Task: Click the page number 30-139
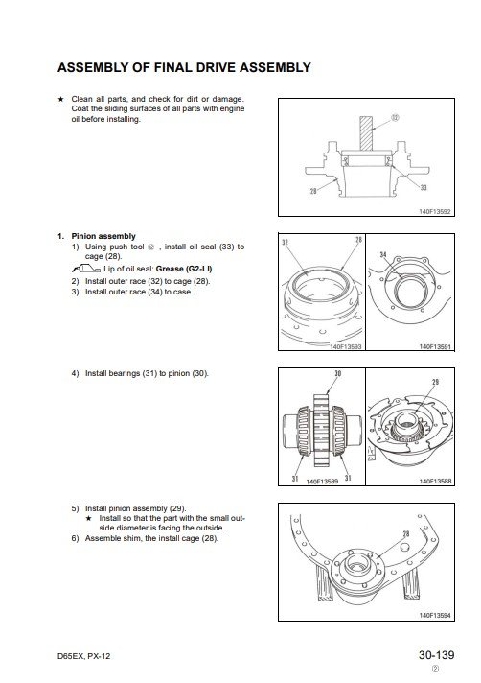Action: (x=436, y=654)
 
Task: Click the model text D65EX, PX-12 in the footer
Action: (x=84, y=656)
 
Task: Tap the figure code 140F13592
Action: (x=434, y=212)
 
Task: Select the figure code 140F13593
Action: (x=346, y=346)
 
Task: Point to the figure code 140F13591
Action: (x=435, y=346)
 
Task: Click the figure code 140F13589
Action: (x=322, y=482)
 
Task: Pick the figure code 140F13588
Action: (x=435, y=482)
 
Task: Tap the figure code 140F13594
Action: (x=435, y=616)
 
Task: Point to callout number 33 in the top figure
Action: (x=424, y=187)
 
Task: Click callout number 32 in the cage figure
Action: (x=285, y=243)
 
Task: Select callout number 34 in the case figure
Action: (x=382, y=254)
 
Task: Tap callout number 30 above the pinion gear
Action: (x=338, y=373)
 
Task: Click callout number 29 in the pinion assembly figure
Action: (x=435, y=382)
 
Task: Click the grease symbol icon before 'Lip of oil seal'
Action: (x=86, y=269)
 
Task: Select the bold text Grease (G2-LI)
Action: (x=184, y=269)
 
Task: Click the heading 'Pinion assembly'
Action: (x=103, y=236)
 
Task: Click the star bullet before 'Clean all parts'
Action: (x=61, y=99)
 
